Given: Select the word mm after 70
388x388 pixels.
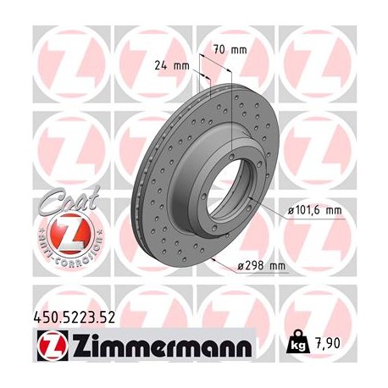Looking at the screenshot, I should click(x=240, y=49).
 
